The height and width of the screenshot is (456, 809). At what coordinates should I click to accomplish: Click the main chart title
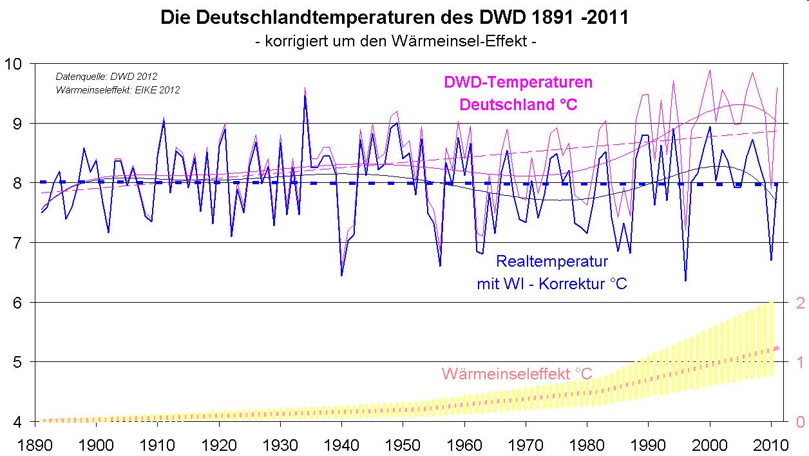point(394,17)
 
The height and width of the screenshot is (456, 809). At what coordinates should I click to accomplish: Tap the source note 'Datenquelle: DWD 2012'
point(106,77)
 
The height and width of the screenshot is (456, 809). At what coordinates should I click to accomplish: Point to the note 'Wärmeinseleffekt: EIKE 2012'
point(117,90)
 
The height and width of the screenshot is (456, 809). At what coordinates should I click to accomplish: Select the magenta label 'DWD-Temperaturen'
point(518,82)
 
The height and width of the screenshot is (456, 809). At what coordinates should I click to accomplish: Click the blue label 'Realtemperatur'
point(552,261)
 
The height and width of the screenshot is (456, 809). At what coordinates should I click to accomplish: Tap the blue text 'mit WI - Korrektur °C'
point(552,283)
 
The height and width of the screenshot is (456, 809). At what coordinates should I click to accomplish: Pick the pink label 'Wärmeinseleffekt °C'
point(517,374)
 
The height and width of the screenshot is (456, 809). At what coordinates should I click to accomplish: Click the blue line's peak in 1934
point(305,96)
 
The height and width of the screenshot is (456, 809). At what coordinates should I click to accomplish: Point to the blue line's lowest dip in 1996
point(685,280)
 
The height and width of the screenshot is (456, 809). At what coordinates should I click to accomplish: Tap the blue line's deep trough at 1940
point(341,276)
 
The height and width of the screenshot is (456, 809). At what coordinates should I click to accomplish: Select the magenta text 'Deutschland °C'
point(518,105)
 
